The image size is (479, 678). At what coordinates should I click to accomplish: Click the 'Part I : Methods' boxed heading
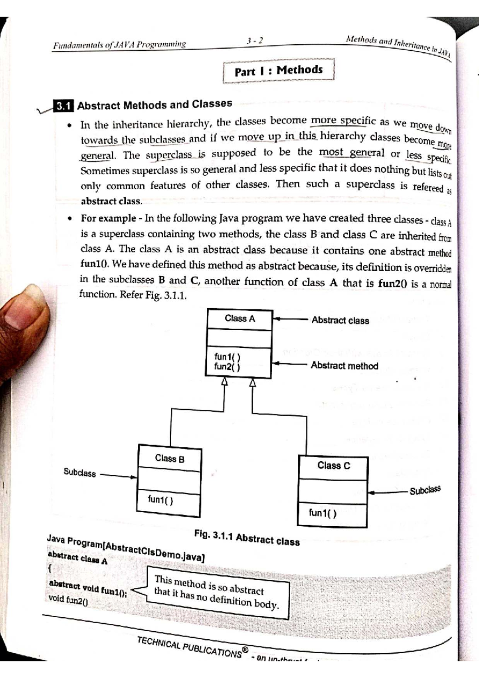[x=278, y=71]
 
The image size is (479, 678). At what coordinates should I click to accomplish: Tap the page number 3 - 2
[x=254, y=41]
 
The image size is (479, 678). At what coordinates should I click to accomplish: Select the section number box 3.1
[x=63, y=106]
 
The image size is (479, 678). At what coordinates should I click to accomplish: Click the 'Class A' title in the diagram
[x=239, y=319]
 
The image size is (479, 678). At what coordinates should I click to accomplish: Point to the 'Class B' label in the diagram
[x=170, y=458]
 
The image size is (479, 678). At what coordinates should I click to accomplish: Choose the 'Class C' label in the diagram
[x=334, y=466]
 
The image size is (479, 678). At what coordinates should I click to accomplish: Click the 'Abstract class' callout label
[x=340, y=321]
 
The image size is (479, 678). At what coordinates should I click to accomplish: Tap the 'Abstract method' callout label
[x=344, y=366]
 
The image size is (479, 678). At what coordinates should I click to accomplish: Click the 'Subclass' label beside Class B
[x=80, y=473]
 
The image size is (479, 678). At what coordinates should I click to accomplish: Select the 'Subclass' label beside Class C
[x=425, y=490]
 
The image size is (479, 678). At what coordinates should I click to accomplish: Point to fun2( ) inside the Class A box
[x=227, y=367]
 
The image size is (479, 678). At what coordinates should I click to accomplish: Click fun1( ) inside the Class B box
[x=160, y=500]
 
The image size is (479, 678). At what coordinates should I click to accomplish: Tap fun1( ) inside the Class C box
[x=323, y=513]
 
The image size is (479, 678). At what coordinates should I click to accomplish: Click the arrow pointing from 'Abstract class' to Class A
[x=291, y=319]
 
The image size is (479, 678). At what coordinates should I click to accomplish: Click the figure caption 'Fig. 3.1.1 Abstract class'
[x=247, y=538]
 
